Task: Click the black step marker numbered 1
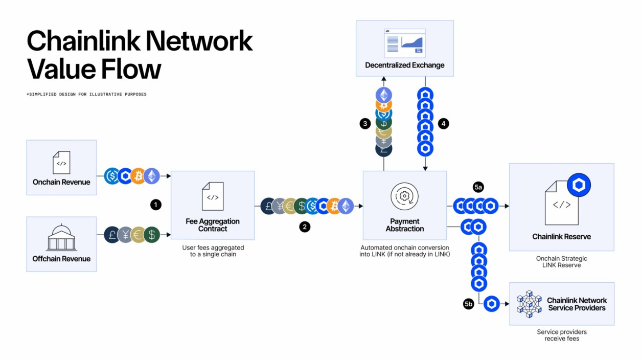coord(156,205)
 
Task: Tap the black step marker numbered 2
coord(305,227)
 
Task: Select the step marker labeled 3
coord(364,124)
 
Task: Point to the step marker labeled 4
coord(443,124)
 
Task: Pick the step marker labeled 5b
coord(469,304)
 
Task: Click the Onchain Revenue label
coord(61,182)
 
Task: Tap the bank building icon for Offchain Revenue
coord(61,238)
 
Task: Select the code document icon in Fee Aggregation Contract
coord(213,196)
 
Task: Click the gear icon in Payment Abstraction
coord(404,196)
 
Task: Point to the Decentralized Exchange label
coord(404,65)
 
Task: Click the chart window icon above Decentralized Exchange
coord(404,42)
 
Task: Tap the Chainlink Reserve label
coord(561,237)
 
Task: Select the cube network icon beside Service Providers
coord(529,304)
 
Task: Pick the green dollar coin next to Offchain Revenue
coord(151,235)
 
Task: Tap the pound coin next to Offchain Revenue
coord(112,235)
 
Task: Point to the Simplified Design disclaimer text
coord(86,95)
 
